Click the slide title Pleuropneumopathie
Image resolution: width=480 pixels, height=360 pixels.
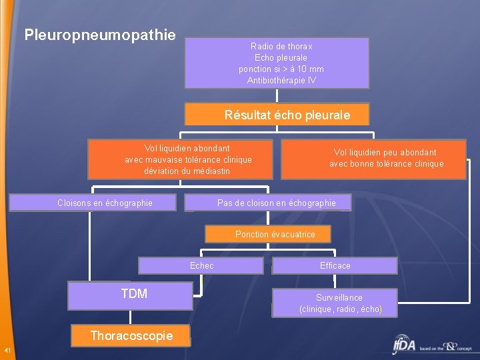tap(100, 34)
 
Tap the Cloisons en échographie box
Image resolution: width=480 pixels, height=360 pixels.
tap(105, 203)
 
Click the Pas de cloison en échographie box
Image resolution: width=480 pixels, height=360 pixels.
tap(276, 203)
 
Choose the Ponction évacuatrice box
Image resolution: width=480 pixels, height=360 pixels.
tap(275, 234)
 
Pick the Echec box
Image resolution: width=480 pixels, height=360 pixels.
tap(201, 265)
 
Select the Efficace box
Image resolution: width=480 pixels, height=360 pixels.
tap(335, 265)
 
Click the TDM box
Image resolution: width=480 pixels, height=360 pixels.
tap(133, 294)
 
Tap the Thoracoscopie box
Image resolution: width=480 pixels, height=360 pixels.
tap(131, 336)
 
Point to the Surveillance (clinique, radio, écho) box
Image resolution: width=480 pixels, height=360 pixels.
tap(340, 303)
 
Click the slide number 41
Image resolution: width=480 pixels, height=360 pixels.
tap(7, 351)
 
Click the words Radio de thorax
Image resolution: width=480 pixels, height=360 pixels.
tap(281, 47)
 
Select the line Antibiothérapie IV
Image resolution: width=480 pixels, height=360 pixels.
tap(281, 81)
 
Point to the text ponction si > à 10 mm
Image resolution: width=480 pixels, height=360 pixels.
tap(281, 69)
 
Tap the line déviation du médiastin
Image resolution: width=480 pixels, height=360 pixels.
tap(187, 171)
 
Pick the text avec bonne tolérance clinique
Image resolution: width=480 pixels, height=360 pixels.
tap(386, 164)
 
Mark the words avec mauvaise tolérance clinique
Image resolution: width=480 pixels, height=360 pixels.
tap(188, 160)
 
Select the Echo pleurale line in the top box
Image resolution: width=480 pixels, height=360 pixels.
tap(281, 58)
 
